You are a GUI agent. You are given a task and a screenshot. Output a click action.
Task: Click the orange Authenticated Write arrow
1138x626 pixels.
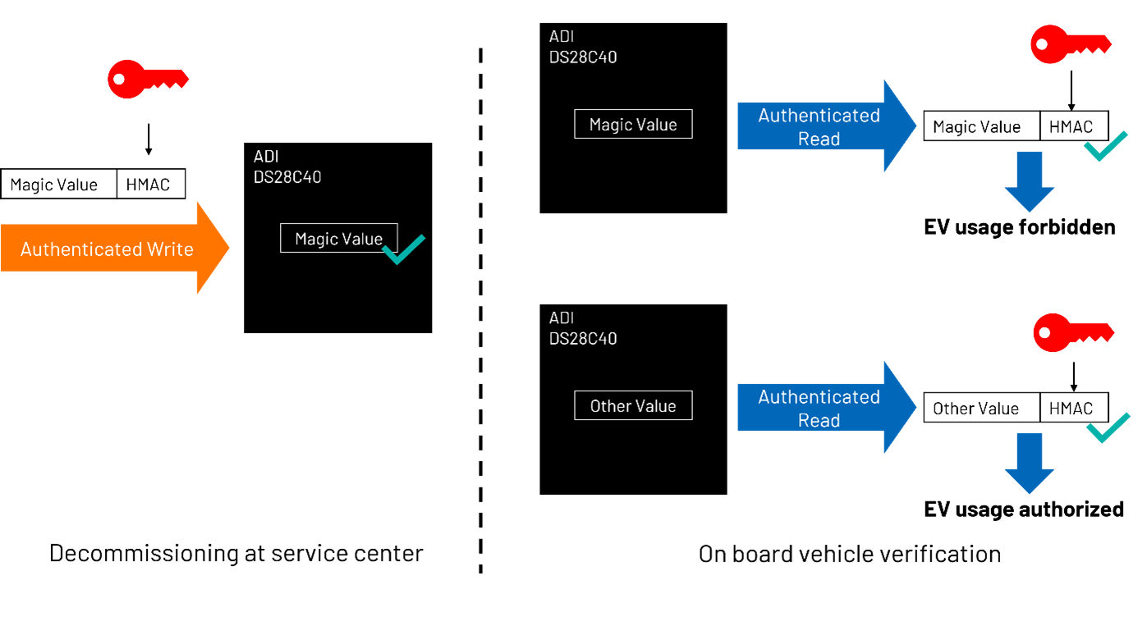[x=114, y=249]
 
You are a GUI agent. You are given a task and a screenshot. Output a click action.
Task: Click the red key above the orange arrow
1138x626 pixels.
[x=148, y=80]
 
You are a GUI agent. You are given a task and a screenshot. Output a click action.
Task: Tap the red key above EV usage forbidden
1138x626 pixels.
[x=1071, y=44]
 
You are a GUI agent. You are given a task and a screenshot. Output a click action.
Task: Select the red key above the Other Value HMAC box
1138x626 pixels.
[x=1073, y=332]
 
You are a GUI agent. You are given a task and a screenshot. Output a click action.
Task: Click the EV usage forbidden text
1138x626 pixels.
[x=1019, y=227]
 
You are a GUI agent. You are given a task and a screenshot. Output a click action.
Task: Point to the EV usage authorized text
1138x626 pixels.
[x=1023, y=509]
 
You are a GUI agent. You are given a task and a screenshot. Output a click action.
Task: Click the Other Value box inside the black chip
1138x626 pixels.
[x=633, y=405]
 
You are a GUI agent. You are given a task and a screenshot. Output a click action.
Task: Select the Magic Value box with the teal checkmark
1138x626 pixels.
[x=339, y=238]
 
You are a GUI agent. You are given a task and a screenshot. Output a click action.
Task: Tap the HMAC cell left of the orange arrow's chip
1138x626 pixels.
[x=151, y=184]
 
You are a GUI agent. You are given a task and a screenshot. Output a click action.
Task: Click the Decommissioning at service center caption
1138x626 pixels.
[x=236, y=553]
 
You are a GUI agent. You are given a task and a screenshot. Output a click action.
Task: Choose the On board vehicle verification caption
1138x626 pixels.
[x=850, y=554]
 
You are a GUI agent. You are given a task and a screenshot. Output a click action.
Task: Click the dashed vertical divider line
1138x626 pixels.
[x=480, y=311]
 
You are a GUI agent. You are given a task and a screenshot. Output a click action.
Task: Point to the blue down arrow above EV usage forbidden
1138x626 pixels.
[x=1030, y=181]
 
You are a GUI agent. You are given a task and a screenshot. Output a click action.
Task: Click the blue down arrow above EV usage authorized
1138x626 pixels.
[x=1030, y=463]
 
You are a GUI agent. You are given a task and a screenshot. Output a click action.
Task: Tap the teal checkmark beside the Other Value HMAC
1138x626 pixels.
[x=1108, y=428]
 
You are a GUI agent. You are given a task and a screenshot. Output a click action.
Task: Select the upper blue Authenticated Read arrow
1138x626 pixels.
[x=827, y=126]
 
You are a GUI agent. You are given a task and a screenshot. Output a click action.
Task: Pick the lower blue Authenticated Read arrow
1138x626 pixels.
[x=827, y=407]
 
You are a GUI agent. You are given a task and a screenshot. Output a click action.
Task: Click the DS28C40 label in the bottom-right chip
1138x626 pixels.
[x=583, y=339]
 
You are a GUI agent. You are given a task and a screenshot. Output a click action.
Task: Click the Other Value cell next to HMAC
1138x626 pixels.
[x=981, y=408]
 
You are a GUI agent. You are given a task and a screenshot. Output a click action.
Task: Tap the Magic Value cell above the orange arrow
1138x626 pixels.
[x=59, y=184]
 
